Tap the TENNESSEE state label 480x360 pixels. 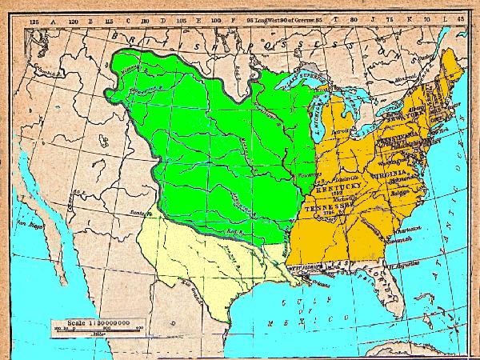click(x=329, y=206)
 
